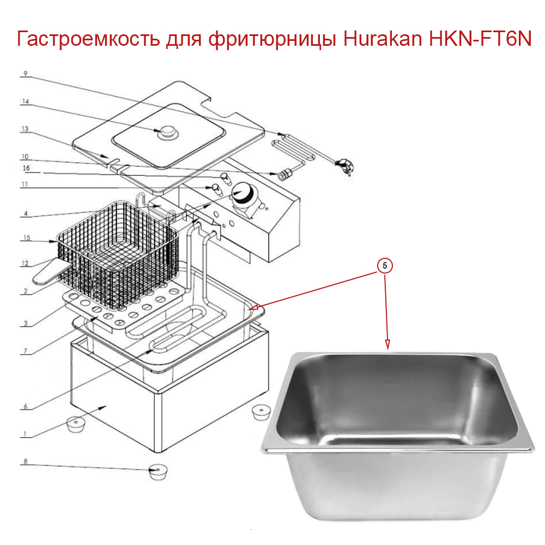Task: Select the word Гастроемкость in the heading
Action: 88,40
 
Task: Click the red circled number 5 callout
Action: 385,266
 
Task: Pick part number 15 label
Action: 25,238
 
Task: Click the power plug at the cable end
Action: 344,165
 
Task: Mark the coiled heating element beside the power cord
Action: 294,149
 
